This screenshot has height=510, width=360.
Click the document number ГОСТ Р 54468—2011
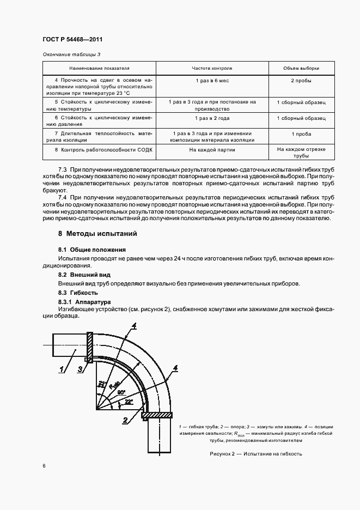(72, 40)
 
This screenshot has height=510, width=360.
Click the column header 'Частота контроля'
(212, 69)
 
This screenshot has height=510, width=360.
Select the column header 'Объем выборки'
(301, 69)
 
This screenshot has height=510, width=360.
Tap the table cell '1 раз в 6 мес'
(212, 81)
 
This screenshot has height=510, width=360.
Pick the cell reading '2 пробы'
(301, 81)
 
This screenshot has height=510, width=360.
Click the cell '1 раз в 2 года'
(212, 118)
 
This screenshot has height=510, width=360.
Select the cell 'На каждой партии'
(212, 149)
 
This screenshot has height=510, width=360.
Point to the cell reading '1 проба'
(301, 133)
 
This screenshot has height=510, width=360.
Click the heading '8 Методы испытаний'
(97, 234)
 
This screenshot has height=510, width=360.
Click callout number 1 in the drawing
(63, 370)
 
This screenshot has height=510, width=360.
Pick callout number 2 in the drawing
(126, 420)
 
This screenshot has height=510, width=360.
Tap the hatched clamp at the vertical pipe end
(157, 416)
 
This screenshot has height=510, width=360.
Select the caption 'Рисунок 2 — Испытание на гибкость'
(255, 454)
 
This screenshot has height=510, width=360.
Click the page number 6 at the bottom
(44, 465)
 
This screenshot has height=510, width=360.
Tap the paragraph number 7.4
(62, 196)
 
